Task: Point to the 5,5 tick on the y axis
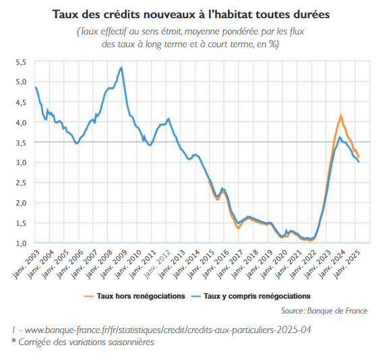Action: click(20, 62)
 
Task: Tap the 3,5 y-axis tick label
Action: click(20, 142)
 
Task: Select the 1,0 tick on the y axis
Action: click(20, 243)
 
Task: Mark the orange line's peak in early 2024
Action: click(340, 116)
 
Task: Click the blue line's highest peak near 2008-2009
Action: click(121, 67)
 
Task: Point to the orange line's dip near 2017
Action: click(238, 228)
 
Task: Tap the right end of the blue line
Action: click(359, 162)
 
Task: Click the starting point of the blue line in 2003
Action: click(35, 88)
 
